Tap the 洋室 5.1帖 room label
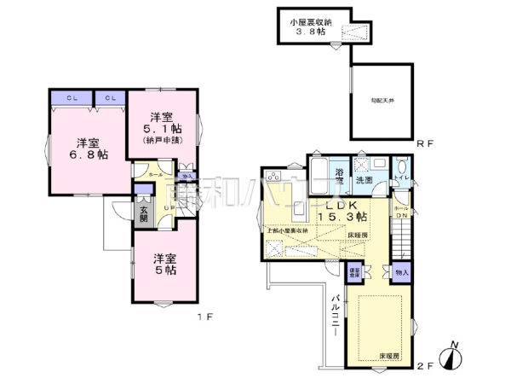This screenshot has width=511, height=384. (x=163, y=125)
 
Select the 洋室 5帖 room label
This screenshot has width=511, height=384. (x=165, y=264)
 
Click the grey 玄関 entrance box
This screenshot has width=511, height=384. (x=144, y=210)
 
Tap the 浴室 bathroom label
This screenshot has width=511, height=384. (x=339, y=177)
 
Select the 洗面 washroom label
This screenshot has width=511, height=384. (x=364, y=181)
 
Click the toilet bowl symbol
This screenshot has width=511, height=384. (x=400, y=167)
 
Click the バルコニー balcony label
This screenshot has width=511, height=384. (x=336, y=317)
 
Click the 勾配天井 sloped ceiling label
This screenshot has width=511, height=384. (x=381, y=101)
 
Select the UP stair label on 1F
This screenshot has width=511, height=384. (x=169, y=207)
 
